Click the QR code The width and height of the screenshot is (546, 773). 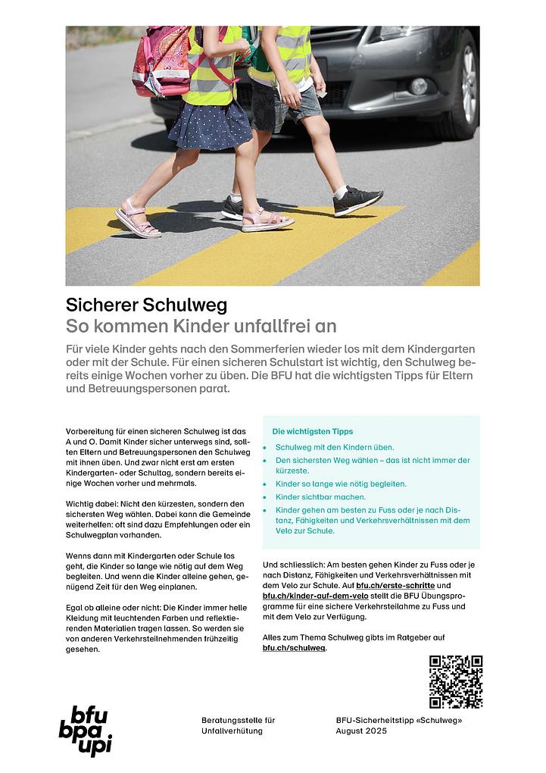point(455,681)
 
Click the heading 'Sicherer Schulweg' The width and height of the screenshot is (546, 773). point(146,305)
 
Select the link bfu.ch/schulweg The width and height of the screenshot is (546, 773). point(294,648)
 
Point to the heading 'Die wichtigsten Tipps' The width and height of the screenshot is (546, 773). point(312,431)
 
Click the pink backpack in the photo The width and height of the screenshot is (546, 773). point(161,61)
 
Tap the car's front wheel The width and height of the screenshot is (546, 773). point(464,84)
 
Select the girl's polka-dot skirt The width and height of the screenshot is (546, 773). point(211,126)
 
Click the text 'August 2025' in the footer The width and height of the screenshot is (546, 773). point(361,731)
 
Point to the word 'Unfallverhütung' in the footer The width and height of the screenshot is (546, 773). point(232,731)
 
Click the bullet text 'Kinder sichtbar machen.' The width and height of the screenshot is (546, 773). point(320,497)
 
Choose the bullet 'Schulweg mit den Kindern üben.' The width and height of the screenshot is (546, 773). point(335,447)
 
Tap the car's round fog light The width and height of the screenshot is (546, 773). point(418,85)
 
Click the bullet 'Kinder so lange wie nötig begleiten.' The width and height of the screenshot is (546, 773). point(341,484)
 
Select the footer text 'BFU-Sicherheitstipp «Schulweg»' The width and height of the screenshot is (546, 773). point(398,720)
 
